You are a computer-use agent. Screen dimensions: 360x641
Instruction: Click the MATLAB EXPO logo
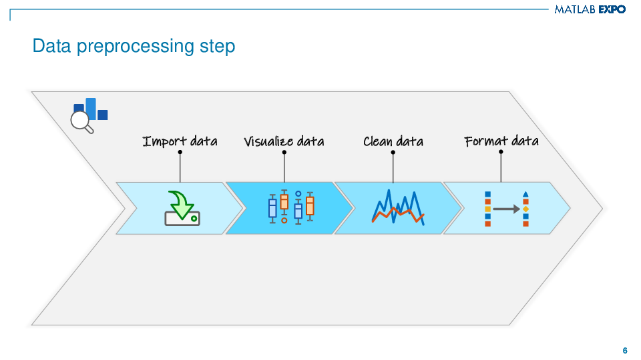pos(590,10)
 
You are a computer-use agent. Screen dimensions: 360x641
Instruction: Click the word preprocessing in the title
pos(135,47)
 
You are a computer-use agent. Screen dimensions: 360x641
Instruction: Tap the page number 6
pos(624,351)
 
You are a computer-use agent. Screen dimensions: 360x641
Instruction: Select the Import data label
pos(180,141)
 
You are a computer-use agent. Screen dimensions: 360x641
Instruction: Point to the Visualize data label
pos(284,141)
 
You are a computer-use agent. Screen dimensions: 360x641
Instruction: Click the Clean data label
pos(393,141)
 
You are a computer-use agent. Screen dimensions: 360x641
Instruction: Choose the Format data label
pos(501,141)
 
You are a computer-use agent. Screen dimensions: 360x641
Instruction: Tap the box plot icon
pos(291,207)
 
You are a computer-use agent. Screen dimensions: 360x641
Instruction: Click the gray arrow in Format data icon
pos(506,209)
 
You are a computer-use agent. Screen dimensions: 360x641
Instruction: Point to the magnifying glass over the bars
pos(81,120)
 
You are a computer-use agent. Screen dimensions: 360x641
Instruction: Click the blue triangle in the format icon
pos(525,194)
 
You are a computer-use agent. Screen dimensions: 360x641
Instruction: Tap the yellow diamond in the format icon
pos(525,209)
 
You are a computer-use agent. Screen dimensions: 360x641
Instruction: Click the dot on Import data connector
pos(180,152)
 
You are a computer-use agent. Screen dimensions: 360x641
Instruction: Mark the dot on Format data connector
pos(501,152)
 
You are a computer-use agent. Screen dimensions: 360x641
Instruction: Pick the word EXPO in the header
pos(612,10)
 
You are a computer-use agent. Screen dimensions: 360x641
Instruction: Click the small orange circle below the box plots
pos(284,220)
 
